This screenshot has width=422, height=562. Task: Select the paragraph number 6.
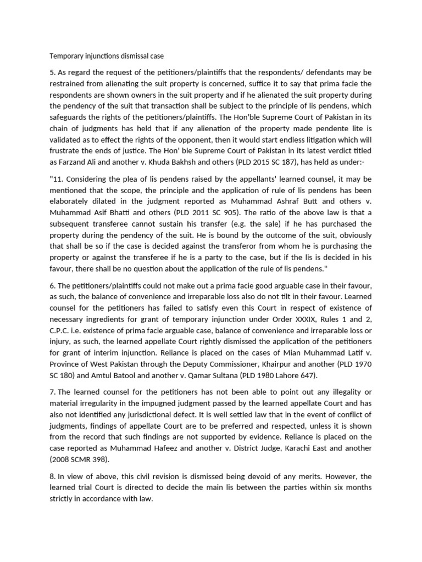point(52,286)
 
